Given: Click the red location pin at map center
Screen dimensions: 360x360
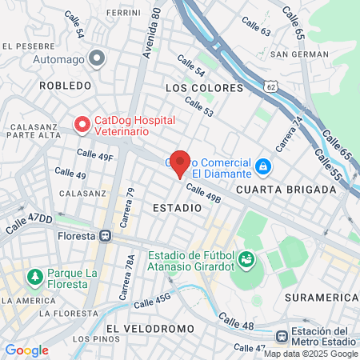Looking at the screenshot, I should tap(180, 162).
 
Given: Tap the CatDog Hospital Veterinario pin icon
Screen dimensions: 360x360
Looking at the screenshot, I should tap(82, 125).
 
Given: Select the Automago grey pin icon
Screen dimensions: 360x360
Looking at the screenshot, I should tap(97, 58).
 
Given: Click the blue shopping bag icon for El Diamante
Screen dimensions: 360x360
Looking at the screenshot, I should tap(262, 166).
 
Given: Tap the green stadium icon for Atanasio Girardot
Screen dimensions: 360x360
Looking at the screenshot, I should tap(246, 259).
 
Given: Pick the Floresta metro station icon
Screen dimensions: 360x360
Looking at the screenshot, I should tap(105, 237).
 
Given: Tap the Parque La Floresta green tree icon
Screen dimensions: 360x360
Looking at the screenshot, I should tap(34, 277).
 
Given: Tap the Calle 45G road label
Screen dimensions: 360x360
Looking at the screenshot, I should tap(152, 302).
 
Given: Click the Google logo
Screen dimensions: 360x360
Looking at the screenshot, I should tap(26, 350).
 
